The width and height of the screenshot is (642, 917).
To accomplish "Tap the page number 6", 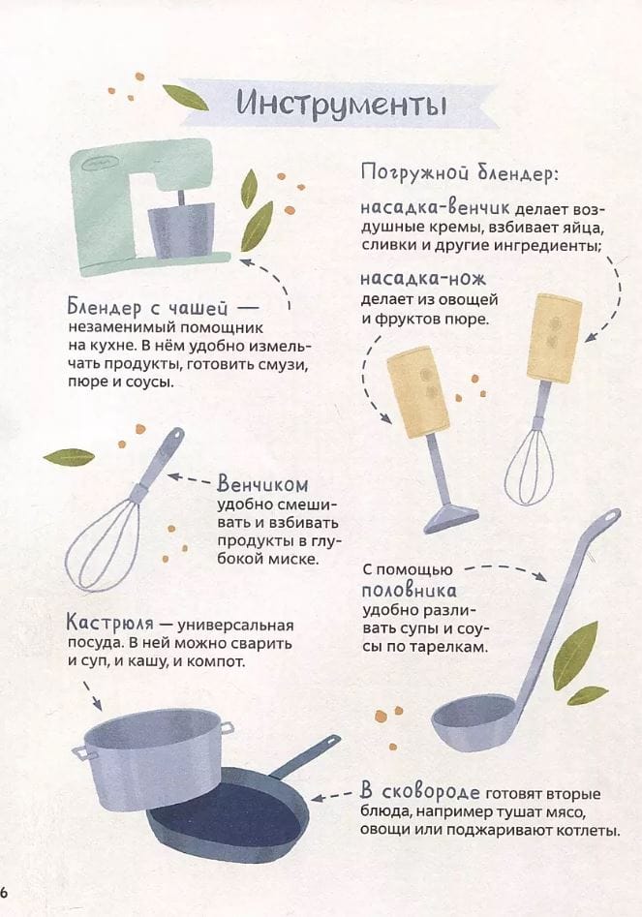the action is [3, 893].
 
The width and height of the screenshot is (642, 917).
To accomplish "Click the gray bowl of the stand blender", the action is [181, 230].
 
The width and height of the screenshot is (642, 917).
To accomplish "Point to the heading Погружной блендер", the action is [460, 172].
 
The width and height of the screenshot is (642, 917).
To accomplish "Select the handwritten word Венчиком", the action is [262, 484].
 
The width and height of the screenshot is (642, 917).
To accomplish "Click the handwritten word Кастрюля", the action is [110, 623].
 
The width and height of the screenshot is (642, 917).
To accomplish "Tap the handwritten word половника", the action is [410, 590].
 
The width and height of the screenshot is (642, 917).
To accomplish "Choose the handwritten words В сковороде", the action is [420, 792].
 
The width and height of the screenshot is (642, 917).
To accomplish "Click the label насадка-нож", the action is [423, 279].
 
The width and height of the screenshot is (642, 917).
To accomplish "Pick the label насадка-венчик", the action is [435, 207].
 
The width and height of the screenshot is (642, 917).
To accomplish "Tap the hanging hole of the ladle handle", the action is [611, 517].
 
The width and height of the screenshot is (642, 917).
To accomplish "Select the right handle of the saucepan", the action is [227, 728].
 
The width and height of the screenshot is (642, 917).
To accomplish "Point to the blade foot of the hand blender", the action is [451, 518].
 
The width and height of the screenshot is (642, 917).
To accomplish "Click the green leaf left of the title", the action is [185, 97].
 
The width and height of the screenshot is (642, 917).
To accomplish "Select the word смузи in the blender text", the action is [286, 365].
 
